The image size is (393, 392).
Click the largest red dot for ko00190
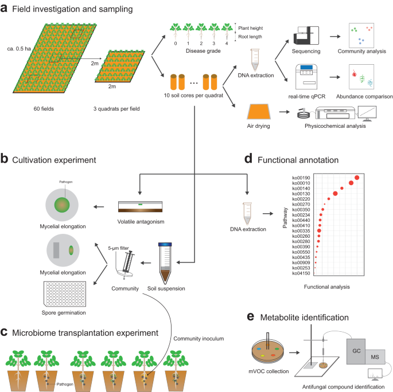(x=357, y=178)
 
